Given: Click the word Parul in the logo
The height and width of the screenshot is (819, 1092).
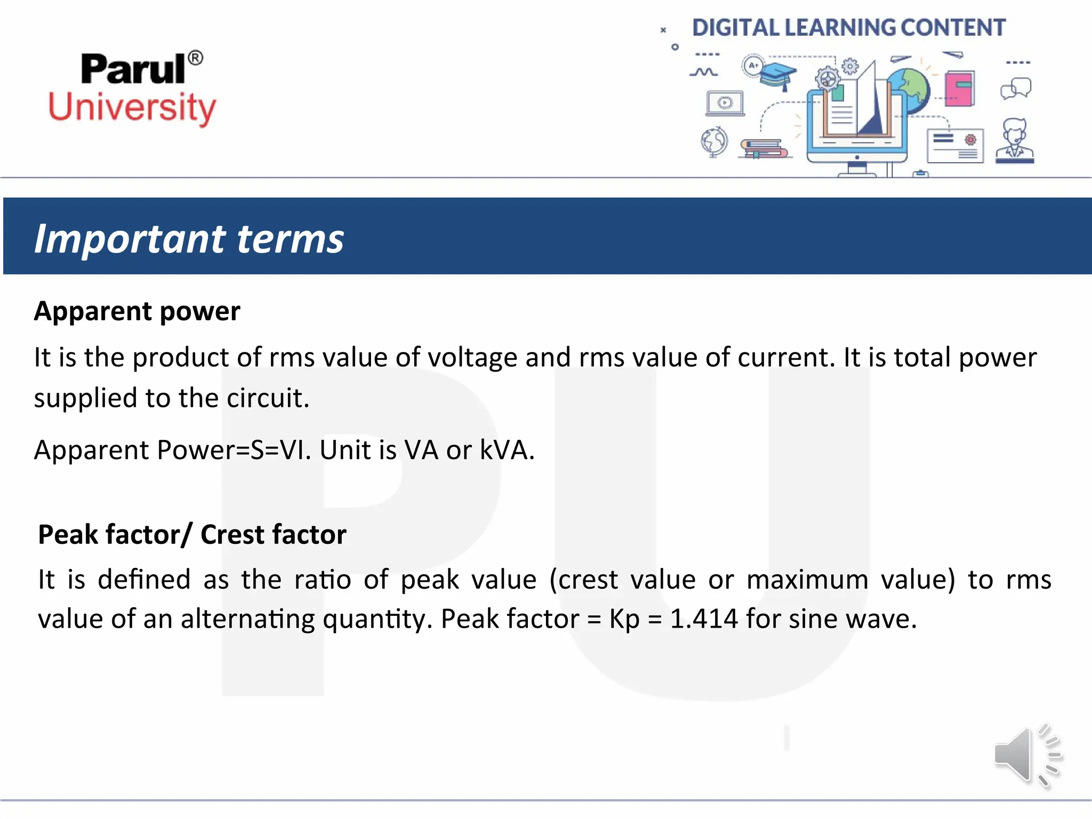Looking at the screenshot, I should [x=133, y=69].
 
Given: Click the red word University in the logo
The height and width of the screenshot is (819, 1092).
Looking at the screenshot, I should [x=132, y=108].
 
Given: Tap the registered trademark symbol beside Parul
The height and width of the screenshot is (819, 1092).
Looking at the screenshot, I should [x=196, y=58].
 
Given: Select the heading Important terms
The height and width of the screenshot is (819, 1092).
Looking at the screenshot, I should [x=189, y=238].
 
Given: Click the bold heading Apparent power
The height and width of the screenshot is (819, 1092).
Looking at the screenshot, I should [x=137, y=311].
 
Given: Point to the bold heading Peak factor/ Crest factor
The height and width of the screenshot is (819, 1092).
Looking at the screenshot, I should [x=192, y=534].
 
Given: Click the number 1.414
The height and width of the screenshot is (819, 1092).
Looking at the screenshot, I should [x=704, y=619].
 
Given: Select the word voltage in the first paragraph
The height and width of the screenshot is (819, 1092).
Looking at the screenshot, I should [x=472, y=357].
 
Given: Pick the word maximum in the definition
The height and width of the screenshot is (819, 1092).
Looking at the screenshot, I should [x=807, y=580].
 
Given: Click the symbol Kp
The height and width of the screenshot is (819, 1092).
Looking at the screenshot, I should [x=624, y=619].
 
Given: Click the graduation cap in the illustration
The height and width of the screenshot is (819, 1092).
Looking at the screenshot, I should [x=777, y=74].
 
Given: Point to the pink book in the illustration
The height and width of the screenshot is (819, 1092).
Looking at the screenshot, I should [x=959, y=89].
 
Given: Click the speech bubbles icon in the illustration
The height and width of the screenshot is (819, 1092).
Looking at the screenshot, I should [x=1016, y=89].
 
